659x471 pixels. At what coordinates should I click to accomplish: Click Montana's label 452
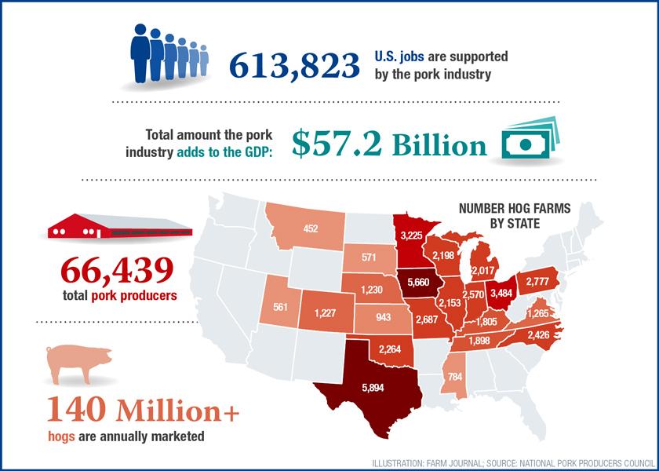tap(311, 228)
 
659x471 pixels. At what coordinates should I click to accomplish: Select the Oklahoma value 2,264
tap(391, 349)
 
